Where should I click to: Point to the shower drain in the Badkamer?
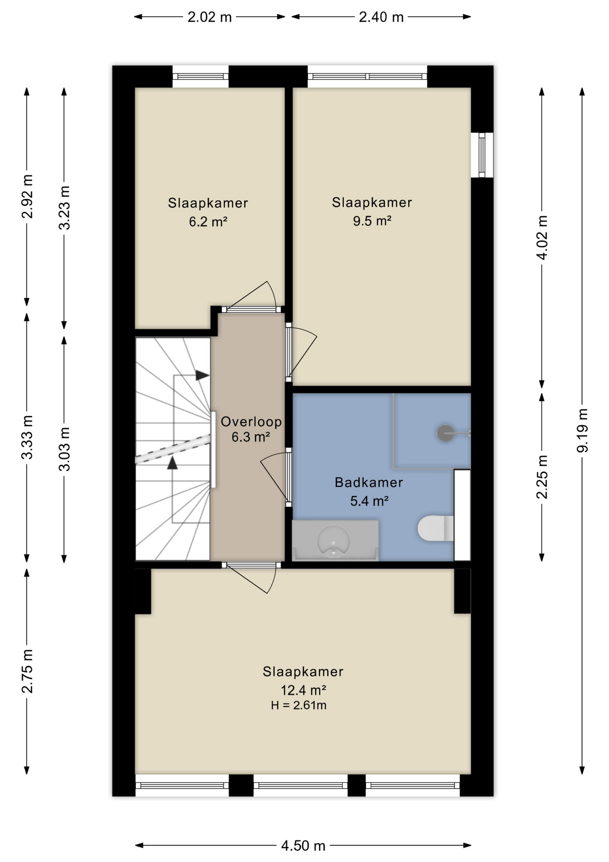pyautogui.click(x=445, y=433)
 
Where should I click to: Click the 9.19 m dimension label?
pyautogui.click(x=582, y=431)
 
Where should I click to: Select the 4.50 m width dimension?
pyautogui.click(x=303, y=846)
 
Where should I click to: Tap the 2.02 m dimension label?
pyautogui.click(x=209, y=17)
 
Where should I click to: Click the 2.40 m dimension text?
pyautogui.click(x=381, y=17)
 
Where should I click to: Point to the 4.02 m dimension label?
pyautogui.click(x=542, y=237)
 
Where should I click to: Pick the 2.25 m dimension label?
pyautogui.click(x=542, y=477)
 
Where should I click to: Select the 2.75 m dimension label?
pyautogui.click(x=27, y=671)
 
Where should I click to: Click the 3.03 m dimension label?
pyautogui.click(x=65, y=449)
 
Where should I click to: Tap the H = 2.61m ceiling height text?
pyautogui.click(x=299, y=705)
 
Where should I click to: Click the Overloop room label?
pyautogui.click(x=251, y=422)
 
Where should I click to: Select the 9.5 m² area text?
pyautogui.click(x=372, y=221)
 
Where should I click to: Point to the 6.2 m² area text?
pyautogui.click(x=208, y=222)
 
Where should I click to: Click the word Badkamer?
pyautogui.click(x=369, y=483)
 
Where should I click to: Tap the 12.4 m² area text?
pyautogui.click(x=303, y=690)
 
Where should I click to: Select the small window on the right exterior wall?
pyautogui.click(x=482, y=155)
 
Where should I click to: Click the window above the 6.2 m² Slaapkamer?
pyautogui.click(x=200, y=77)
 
